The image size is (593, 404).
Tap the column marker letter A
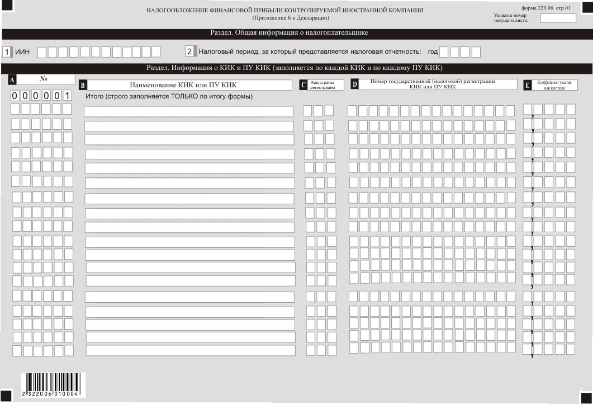(x=12, y=80)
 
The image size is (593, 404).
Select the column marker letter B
(x=83, y=86)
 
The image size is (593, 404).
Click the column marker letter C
(x=303, y=85)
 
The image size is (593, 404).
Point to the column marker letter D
(x=354, y=84)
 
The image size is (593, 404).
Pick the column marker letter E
(x=527, y=85)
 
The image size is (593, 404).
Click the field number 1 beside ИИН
(x=7, y=52)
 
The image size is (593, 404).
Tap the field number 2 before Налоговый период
(x=189, y=51)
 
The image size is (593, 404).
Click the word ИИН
(x=22, y=52)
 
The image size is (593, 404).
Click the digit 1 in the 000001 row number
(x=67, y=96)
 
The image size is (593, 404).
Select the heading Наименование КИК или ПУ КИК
(x=183, y=85)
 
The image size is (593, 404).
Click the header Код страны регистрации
(x=322, y=85)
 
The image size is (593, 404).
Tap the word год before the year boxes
(x=433, y=52)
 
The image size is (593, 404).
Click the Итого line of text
(x=169, y=96)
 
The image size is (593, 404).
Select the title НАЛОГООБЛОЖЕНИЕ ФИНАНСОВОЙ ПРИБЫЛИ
(x=284, y=11)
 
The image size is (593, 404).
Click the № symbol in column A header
(x=44, y=79)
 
